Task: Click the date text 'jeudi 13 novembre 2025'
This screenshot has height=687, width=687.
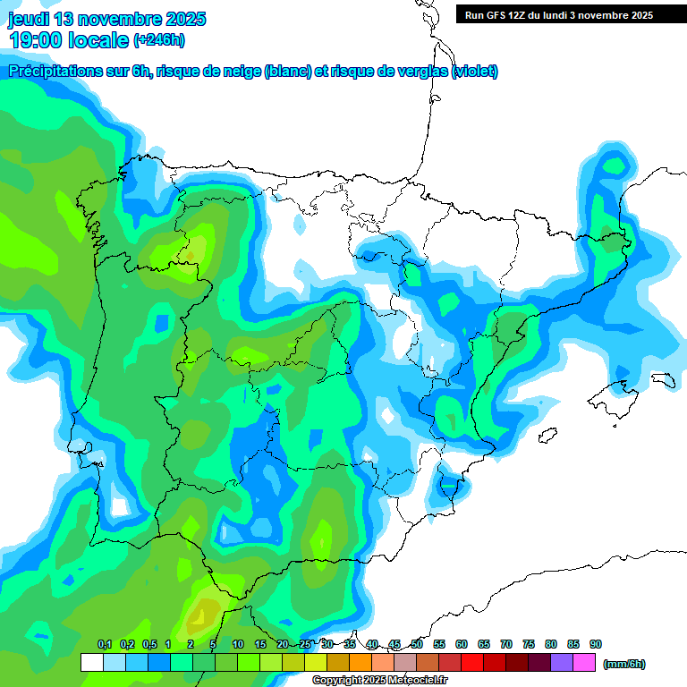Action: point(107,19)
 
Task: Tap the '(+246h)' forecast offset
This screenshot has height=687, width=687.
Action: point(158,40)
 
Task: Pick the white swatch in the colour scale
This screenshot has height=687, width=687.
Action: point(91,663)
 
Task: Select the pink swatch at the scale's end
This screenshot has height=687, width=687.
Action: point(584,663)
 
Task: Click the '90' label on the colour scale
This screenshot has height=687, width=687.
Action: point(596,645)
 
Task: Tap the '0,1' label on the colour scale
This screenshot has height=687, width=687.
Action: point(105,645)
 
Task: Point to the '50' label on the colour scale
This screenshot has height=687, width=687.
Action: point(417,645)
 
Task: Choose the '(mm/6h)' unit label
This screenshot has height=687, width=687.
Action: point(623,664)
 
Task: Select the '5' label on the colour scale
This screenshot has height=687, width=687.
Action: point(213,645)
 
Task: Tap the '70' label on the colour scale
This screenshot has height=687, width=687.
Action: point(506,645)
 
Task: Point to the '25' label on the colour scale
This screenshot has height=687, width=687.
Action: point(305,645)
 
